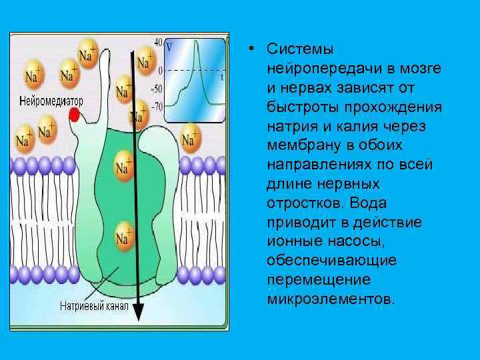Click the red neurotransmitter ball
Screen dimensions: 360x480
tap(75, 116)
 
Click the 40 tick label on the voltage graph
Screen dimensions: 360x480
tap(158, 41)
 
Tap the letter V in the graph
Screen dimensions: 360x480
tap(169, 47)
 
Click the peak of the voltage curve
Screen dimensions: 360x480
tap(198, 42)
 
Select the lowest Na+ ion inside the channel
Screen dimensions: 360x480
tap(123, 237)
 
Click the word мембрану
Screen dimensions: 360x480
tap(299, 145)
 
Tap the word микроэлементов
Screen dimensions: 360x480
tap(331, 297)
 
